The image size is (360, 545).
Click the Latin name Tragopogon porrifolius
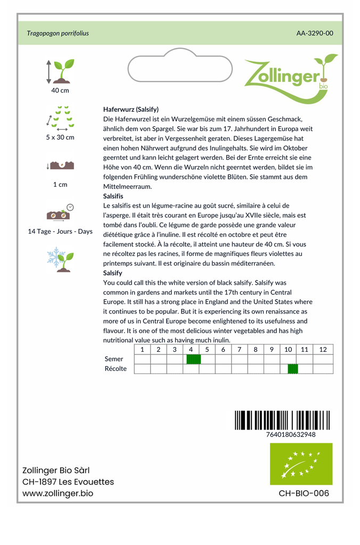pyautogui.click(x=58, y=33)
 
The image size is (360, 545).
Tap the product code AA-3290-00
pyautogui.click(x=315, y=33)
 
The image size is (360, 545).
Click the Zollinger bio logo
pyautogui.click(x=290, y=77)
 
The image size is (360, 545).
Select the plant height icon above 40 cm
pyautogui.click(x=60, y=71)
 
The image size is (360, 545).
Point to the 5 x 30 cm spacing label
pyautogui.click(x=60, y=137)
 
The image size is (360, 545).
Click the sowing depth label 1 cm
pyautogui.click(x=60, y=185)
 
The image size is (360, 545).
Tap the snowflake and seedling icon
pyautogui.click(x=60, y=259)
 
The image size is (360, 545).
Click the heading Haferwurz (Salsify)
pyautogui.click(x=130, y=109)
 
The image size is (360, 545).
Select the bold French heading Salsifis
pyautogui.click(x=113, y=196)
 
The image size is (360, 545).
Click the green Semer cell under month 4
pyautogui.click(x=193, y=359)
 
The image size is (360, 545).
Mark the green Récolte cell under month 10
pyautogui.click(x=292, y=369)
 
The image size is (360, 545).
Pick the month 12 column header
pyautogui.click(x=323, y=350)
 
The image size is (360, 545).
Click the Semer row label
pyautogui.click(x=114, y=359)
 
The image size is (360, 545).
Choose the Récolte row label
pyautogui.click(x=116, y=369)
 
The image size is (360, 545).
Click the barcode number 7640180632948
pyautogui.click(x=290, y=434)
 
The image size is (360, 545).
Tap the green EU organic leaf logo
pyautogui.click(x=301, y=464)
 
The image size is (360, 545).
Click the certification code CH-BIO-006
pyautogui.click(x=304, y=493)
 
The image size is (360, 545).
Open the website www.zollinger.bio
pyautogui.click(x=58, y=493)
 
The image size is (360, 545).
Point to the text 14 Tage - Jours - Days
pyautogui.click(x=60, y=232)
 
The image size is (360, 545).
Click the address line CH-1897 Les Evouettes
pyautogui.click(x=68, y=482)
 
